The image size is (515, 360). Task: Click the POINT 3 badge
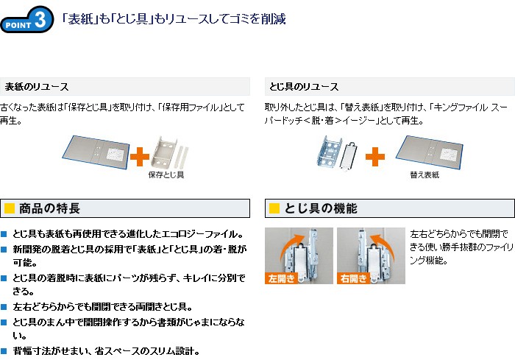(x=27, y=19)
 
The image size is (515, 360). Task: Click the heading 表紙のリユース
(x=37, y=87)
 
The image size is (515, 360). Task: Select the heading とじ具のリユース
(x=303, y=87)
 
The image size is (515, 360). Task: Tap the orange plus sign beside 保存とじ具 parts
(x=140, y=156)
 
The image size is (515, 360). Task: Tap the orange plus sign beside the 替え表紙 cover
(x=375, y=156)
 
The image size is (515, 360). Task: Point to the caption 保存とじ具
(x=166, y=174)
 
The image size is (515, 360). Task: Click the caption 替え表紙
(x=425, y=174)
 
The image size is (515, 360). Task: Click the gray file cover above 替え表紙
(x=430, y=152)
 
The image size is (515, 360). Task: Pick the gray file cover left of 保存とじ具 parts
(x=96, y=152)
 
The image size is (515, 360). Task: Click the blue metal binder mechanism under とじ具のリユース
(x=330, y=151)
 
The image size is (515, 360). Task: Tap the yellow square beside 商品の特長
(x=10, y=208)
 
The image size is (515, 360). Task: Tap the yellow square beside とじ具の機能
(x=274, y=208)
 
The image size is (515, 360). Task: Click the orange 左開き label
(x=281, y=278)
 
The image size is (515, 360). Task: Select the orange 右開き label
(x=353, y=278)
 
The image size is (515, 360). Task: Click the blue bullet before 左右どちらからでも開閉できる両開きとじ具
(x=4, y=307)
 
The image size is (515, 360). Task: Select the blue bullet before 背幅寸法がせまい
(x=4, y=351)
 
